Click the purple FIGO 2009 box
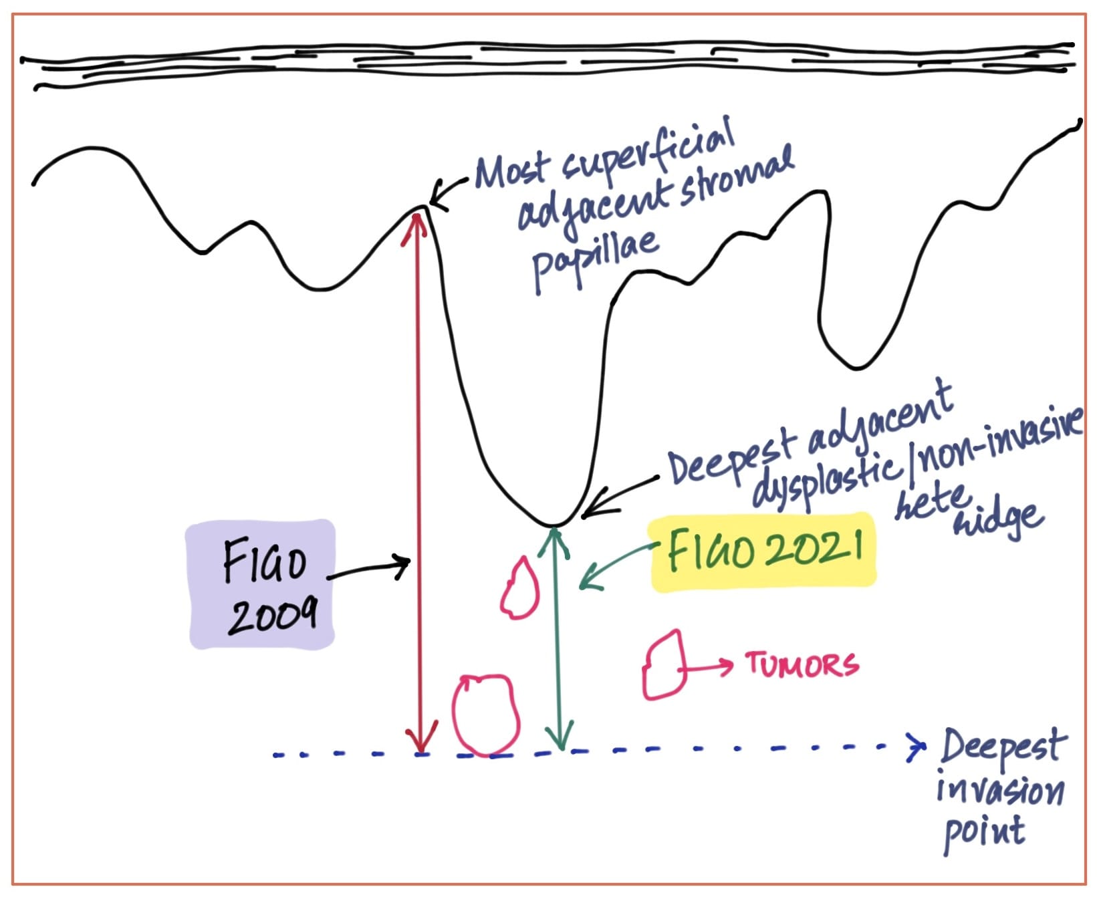(x=262, y=584)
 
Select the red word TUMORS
(x=802, y=664)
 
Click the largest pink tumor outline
(x=485, y=715)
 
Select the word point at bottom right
(x=983, y=833)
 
